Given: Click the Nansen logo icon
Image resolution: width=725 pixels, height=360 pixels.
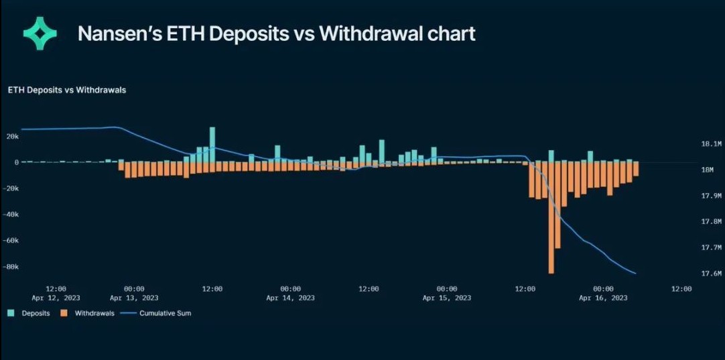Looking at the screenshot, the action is pos(40,33).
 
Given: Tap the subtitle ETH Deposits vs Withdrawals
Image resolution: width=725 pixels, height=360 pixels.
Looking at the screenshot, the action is pos(67,91).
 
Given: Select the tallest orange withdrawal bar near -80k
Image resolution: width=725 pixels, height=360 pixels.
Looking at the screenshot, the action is pos(551,217).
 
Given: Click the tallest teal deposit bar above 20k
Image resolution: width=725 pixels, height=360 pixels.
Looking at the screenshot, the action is pos(212,144).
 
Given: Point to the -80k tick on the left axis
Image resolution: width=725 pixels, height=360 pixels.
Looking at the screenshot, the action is pos(9,267).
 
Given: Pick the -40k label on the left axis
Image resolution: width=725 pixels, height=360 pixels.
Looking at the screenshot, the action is pos(9,215).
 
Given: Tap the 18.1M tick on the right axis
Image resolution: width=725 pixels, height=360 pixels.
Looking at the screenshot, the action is pos(711,144).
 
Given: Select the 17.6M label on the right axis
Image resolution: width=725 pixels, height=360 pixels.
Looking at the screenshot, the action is pos(711,274).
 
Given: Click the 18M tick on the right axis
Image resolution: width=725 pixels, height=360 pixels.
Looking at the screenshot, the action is pos(708,170).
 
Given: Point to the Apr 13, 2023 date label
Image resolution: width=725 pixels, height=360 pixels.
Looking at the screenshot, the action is pos(134,298).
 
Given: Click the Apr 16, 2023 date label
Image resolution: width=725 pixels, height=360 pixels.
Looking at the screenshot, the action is pos(603,298).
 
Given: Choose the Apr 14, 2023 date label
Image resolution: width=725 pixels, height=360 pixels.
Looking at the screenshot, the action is pos(290,298).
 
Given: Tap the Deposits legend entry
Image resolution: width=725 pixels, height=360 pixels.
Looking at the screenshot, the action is pos(29,313).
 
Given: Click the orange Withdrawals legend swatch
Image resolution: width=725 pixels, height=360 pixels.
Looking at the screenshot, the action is pos(64,313).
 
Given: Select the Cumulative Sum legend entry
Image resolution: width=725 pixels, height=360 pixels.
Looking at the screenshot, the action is pos(155,313).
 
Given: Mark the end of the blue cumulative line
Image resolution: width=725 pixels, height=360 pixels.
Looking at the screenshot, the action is pos(636,273).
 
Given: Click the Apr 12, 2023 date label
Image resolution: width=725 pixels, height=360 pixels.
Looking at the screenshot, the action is pos(56,298).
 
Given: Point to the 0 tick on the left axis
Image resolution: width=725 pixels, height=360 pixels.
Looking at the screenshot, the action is pos(16,162).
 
